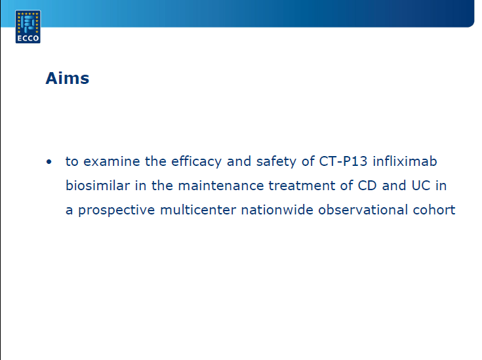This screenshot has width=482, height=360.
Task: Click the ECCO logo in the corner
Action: (x=28, y=27)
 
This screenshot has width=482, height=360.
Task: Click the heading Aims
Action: (x=68, y=78)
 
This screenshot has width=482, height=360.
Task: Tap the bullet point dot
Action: (x=49, y=162)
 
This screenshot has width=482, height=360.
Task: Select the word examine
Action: (x=111, y=161)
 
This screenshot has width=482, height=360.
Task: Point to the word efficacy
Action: (x=196, y=162)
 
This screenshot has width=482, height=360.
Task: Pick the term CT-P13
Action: (x=343, y=161)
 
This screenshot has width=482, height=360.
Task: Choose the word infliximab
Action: (x=405, y=161)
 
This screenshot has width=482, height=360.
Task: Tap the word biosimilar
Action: (x=98, y=186)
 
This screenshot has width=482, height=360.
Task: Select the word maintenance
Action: (x=221, y=186)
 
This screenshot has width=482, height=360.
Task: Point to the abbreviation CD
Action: (x=367, y=186)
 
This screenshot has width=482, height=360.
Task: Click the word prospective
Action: (x=117, y=210)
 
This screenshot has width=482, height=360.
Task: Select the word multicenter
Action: (x=198, y=210)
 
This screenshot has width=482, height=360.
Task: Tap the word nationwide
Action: (x=277, y=210)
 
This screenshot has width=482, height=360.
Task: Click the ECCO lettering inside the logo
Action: (x=28, y=38)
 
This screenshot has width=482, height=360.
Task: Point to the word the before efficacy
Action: (x=155, y=161)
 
